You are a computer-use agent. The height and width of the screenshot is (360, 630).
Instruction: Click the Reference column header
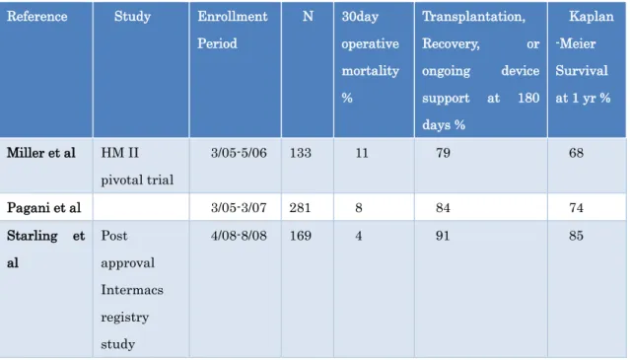coord(36,17)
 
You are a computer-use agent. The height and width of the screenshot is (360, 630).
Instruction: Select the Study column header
coord(132,17)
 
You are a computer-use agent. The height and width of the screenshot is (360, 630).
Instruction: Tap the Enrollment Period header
coord(233,30)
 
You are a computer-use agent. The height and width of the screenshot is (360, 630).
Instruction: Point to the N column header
coord(308,17)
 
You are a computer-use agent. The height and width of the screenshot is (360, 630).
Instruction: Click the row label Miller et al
coord(41,153)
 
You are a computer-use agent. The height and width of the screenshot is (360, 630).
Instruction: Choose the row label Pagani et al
coord(43,208)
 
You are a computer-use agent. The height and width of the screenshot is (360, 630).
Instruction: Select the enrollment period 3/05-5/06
coord(239,153)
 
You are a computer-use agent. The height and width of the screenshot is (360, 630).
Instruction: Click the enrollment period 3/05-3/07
coord(239,208)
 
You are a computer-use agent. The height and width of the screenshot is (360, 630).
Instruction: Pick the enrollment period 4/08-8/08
coord(239,236)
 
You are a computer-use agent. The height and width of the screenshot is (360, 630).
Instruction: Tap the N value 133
coord(301,153)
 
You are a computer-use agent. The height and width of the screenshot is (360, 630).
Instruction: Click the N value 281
coord(300,208)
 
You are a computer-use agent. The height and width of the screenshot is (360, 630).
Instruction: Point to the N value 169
coord(301,236)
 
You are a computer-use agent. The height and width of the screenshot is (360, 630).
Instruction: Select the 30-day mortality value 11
coord(362,153)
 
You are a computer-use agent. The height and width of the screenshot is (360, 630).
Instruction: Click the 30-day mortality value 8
coord(359,208)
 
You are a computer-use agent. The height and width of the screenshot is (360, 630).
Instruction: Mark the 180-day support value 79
coord(443,153)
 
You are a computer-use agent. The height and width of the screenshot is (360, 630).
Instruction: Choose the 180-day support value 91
coord(443,236)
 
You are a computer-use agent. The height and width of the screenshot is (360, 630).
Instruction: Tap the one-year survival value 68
coord(576,153)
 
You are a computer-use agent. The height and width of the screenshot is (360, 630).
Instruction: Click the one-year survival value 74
coord(576,208)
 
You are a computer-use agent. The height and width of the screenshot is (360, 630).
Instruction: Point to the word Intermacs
coord(132,290)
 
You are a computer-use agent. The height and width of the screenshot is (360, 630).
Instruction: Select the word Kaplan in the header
coord(592,17)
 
